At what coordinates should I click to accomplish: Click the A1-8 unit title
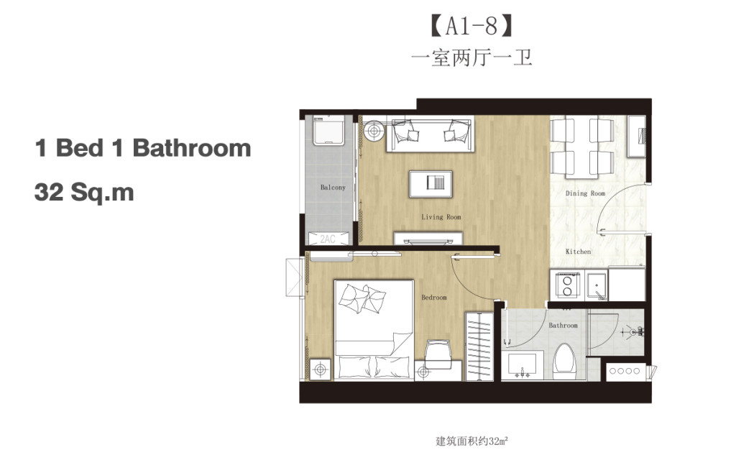pyautogui.click(x=471, y=27)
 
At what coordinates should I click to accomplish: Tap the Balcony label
pyautogui.click(x=333, y=188)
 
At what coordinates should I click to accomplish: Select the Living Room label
pyautogui.click(x=441, y=217)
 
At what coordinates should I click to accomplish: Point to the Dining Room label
pyautogui.click(x=585, y=193)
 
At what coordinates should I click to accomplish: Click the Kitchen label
pyautogui.click(x=578, y=252)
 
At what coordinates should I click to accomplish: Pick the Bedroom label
pyautogui.click(x=433, y=298)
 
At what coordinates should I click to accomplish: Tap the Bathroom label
pyautogui.click(x=563, y=326)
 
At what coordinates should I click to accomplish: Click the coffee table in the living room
pyautogui.click(x=431, y=183)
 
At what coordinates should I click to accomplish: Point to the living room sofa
pyautogui.click(x=430, y=134)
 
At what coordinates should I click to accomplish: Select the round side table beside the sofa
pyautogui.click(x=372, y=132)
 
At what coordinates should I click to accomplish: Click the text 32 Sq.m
pyautogui.click(x=84, y=193)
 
